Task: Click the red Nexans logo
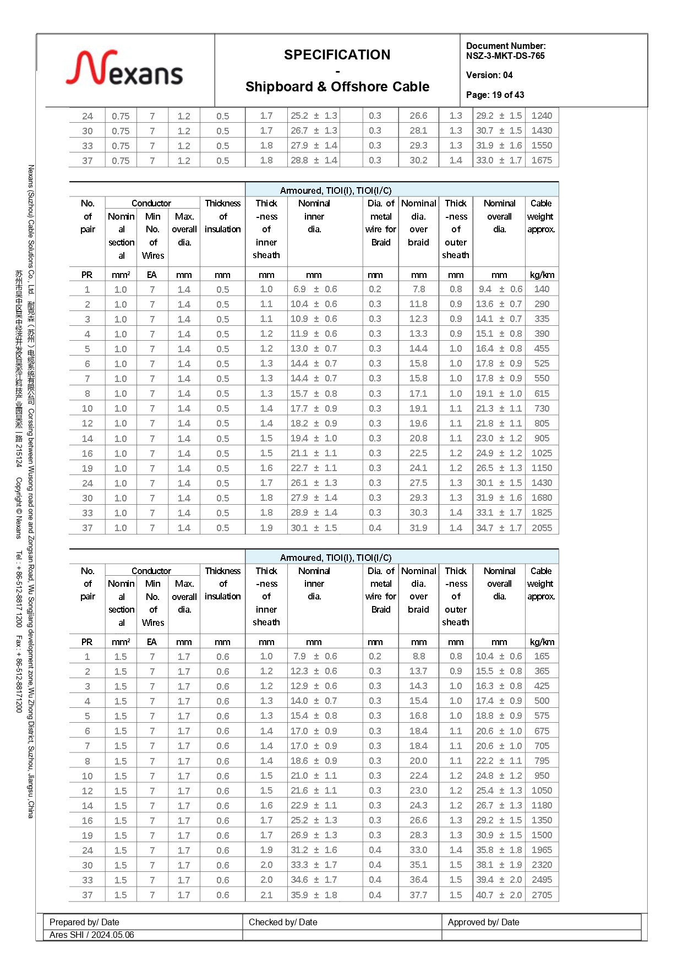coord(124,69)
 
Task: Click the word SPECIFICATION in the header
coord(337,54)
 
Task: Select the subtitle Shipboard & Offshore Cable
coord(337,86)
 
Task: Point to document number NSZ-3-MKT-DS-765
coord(505,56)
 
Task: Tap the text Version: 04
coord(489,75)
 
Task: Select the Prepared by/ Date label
coord(84,922)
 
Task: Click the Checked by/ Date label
coord(283,922)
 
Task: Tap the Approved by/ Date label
coord(483,922)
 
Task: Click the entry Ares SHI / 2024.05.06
coord(91,935)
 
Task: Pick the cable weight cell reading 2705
coord(542,895)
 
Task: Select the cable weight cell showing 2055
coord(542,527)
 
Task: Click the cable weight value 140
coord(542,289)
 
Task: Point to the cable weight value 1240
coord(542,116)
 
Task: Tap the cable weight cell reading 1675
coord(542,160)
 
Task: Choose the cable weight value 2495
coord(542,880)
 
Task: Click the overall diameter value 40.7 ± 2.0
coord(499,895)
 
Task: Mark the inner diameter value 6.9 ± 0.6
coord(314,289)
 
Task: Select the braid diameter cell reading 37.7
coord(418,895)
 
